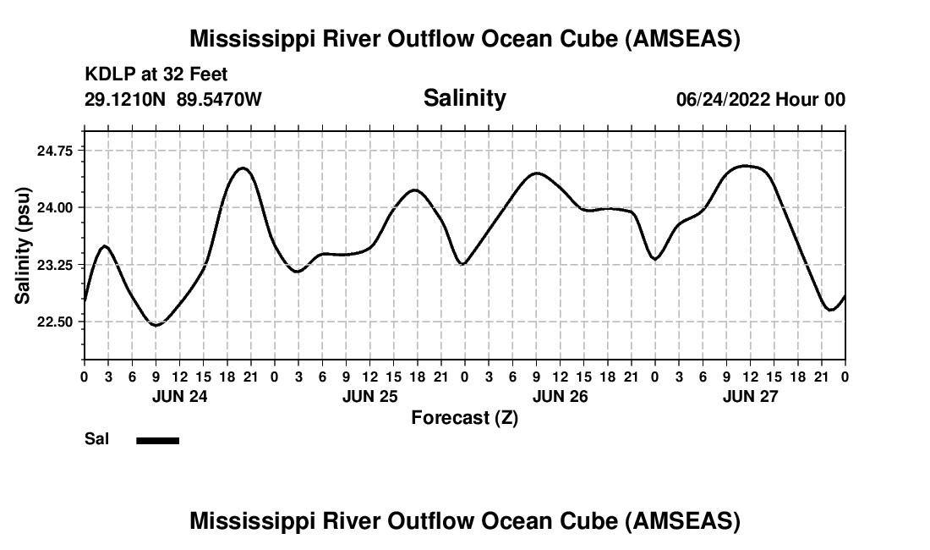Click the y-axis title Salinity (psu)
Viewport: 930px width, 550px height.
click(x=23, y=245)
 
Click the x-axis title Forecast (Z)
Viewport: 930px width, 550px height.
click(x=464, y=417)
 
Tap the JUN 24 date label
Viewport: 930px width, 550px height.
click(x=179, y=396)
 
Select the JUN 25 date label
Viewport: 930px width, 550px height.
click(x=369, y=396)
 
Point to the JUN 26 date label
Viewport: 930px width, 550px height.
click(x=560, y=396)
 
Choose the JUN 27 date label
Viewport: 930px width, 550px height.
click(x=750, y=396)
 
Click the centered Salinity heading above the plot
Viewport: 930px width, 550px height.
click(x=464, y=98)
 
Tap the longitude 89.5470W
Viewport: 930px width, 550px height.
click(x=219, y=99)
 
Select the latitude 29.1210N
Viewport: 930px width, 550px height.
click(x=126, y=99)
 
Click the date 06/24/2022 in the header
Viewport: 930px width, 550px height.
click(x=723, y=99)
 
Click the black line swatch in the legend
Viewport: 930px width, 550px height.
click(x=157, y=440)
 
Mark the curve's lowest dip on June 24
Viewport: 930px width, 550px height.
click(x=156, y=325)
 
